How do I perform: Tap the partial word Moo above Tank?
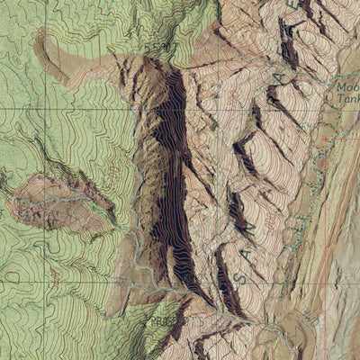pos(347,88)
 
